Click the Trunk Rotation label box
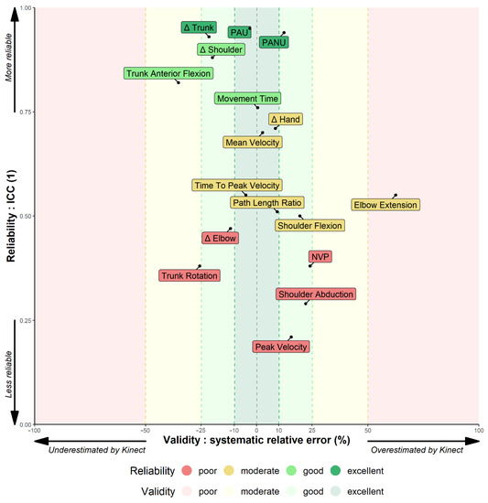tap(190, 275)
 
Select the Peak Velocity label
tap(281, 347)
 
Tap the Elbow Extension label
tap(385, 205)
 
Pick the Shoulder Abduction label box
tap(315, 294)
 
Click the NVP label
tap(320, 257)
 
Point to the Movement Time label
tap(247, 99)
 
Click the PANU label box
tap(273, 42)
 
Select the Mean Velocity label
tap(252, 142)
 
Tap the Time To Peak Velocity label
tap(236, 185)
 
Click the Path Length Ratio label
tap(266, 202)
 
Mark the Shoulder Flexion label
tap(309, 225)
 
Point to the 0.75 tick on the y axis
tap(25, 112)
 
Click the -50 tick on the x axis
tap(145, 430)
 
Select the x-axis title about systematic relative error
tap(257, 441)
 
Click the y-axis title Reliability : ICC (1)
tap(13, 217)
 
